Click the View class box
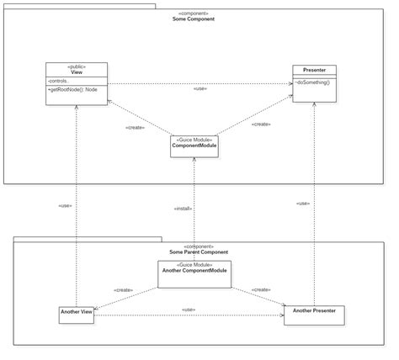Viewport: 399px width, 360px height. (x=77, y=83)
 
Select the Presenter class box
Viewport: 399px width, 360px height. (x=314, y=83)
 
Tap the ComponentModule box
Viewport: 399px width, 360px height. (x=194, y=146)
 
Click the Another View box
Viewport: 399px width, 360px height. (x=76, y=315)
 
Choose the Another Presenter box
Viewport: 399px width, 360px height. (x=314, y=315)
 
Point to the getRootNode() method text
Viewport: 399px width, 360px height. (x=75, y=88)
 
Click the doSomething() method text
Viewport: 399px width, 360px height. (x=311, y=82)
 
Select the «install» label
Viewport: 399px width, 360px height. (x=184, y=209)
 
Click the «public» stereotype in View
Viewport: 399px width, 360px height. (x=77, y=66)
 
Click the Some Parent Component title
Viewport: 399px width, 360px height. (x=198, y=251)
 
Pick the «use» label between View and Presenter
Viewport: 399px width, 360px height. (x=200, y=88)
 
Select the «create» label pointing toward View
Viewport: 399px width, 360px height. (x=135, y=127)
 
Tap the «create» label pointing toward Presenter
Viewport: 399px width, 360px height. (x=261, y=124)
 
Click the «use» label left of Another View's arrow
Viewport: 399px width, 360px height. (x=66, y=206)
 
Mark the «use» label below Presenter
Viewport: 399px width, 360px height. (x=303, y=204)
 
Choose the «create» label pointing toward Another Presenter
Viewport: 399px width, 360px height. (x=261, y=289)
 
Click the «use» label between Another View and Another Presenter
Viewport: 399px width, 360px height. (x=189, y=310)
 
